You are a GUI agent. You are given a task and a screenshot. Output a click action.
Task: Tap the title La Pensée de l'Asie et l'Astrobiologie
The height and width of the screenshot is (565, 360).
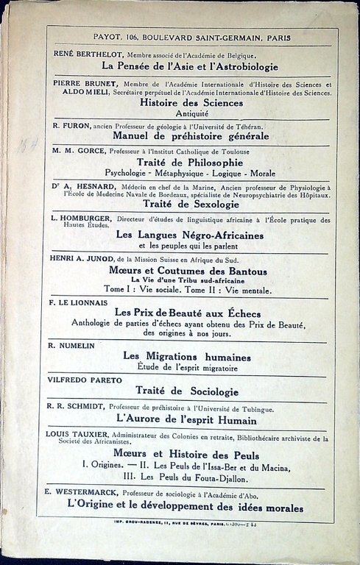click(191, 66)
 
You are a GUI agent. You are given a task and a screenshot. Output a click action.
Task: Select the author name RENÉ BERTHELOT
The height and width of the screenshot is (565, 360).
click(88, 54)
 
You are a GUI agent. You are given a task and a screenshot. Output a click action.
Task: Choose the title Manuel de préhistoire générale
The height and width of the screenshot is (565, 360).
click(191, 136)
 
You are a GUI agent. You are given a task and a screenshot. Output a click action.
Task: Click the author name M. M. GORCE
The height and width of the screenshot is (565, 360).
click(75, 150)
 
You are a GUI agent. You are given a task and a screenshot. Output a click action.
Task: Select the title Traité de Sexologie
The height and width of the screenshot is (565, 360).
click(191, 204)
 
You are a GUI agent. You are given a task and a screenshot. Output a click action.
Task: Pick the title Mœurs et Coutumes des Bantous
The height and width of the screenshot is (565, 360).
click(191, 271)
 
